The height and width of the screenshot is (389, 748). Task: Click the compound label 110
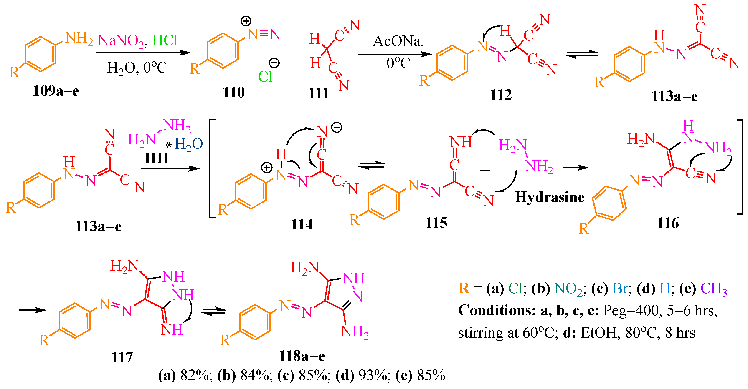pos(234,93)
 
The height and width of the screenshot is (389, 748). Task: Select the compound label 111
pos(318,93)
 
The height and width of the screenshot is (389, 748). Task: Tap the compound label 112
pos(501,95)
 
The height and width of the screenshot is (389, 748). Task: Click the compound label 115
pos(436,223)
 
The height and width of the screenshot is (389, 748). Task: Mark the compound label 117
pos(122,357)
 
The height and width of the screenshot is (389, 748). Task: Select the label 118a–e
pos(302,356)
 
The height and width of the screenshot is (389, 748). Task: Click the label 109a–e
pos(56,91)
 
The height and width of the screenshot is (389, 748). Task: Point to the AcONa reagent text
pos(398,41)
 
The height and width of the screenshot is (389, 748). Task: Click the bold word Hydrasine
pos(550,197)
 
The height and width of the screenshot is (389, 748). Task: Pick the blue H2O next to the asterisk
pos(189,144)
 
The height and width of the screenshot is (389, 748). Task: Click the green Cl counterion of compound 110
pos(265,77)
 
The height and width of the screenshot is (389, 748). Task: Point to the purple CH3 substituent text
pos(714,289)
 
